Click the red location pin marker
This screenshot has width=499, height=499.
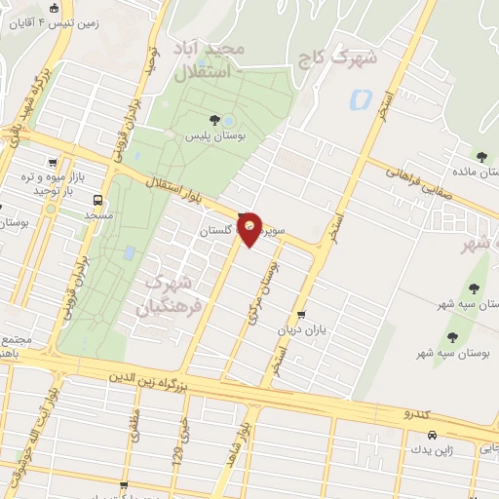click(250, 228)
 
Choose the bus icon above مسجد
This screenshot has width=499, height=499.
click(96, 200)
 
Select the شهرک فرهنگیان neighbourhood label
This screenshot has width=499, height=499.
click(169, 293)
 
